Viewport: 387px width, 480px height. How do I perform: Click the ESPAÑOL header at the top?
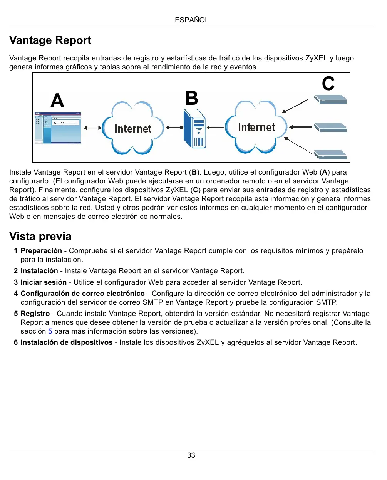point(191,20)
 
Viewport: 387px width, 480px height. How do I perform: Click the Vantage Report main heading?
point(50,40)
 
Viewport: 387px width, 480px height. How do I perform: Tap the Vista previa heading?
point(40,236)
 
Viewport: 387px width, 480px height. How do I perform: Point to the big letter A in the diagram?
point(57,101)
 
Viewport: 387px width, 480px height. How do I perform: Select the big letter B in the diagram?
point(192,98)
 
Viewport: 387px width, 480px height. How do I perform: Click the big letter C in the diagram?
point(328,84)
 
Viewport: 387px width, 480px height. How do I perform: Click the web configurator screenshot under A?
point(58,128)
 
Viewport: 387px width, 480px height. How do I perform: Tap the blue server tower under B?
point(195,129)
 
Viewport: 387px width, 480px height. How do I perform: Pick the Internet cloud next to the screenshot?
point(133,128)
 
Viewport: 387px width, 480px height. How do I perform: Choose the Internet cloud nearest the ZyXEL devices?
point(256,127)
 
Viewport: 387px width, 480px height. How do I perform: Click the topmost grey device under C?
point(330,99)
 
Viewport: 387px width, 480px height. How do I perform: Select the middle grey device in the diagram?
point(330,127)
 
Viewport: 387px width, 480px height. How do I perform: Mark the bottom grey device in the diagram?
point(330,154)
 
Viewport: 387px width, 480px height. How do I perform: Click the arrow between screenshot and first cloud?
point(92,128)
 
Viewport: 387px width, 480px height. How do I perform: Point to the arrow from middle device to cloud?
point(300,127)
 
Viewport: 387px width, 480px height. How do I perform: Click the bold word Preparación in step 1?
point(41,251)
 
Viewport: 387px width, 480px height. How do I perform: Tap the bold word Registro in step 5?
point(35,314)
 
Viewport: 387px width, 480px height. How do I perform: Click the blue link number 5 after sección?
point(50,331)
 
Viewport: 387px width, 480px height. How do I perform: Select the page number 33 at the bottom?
point(191,455)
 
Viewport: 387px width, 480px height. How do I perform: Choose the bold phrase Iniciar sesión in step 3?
point(44,282)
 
